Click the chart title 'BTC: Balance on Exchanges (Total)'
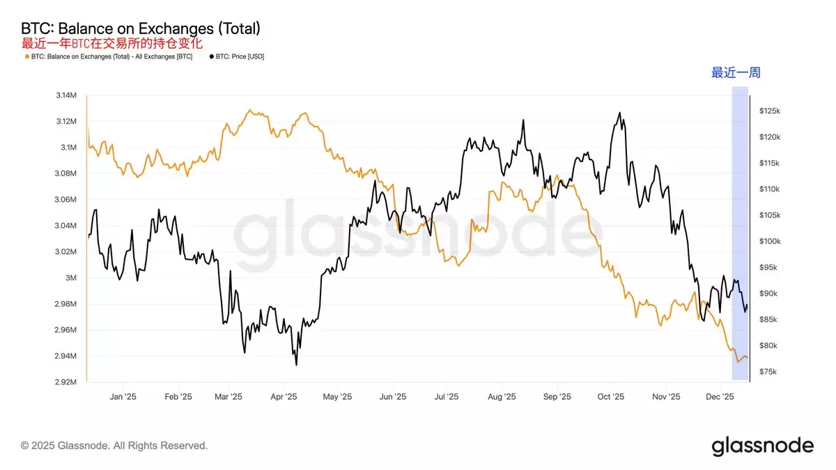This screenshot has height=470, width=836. (141, 29)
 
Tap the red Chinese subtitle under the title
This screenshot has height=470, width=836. (111, 43)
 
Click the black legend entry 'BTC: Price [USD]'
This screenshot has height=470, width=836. (237, 56)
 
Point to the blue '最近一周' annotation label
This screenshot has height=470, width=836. (735, 73)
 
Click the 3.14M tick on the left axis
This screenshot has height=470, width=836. (66, 95)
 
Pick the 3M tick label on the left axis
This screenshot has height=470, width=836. (71, 278)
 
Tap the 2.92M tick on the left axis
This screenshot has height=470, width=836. (66, 382)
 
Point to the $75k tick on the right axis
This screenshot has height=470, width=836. (768, 372)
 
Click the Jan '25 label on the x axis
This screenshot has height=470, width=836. (123, 397)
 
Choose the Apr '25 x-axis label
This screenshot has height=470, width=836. (283, 397)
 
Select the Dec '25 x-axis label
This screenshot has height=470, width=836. (720, 397)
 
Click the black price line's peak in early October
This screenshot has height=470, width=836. (619, 113)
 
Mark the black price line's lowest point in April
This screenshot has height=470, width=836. (296, 364)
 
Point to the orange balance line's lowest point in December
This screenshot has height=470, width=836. (738, 361)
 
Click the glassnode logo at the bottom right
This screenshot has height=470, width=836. (762, 446)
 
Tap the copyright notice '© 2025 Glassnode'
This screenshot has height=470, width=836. (114, 446)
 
